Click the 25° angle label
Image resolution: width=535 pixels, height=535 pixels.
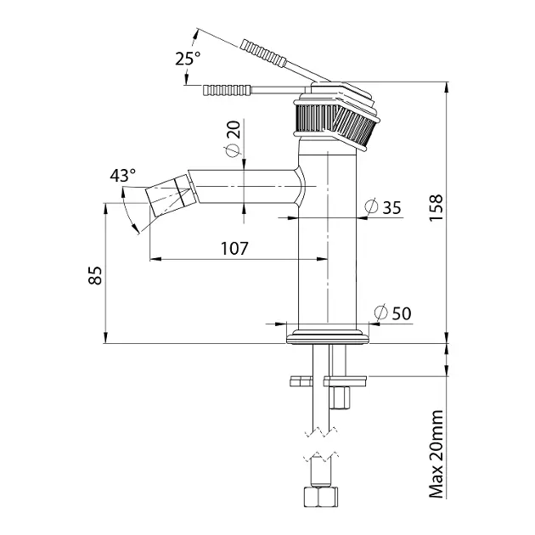(x=188, y=59)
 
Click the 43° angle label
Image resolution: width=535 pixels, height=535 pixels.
(x=122, y=176)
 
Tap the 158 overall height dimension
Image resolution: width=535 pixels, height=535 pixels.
(x=436, y=208)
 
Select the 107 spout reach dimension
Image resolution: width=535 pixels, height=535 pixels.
(x=234, y=248)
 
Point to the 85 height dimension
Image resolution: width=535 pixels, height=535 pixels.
(x=95, y=275)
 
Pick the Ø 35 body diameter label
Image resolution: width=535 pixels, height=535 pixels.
(x=383, y=207)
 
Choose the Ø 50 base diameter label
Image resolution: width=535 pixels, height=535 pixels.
(x=392, y=313)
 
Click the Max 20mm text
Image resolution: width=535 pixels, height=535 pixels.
(x=436, y=454)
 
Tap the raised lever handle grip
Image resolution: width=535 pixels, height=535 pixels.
(x=263, y=53)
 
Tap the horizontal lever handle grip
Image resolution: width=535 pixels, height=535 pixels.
(x=227, y=90)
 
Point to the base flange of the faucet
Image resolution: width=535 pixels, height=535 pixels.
(x=328, y=337)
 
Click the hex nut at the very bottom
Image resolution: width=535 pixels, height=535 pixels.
(x=321, y=497)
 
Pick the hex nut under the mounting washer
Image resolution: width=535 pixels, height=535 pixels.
(x=341, y=397)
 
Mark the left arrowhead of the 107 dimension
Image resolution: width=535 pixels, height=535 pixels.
(x=155, y=259)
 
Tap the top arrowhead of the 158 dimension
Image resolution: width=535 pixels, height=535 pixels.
(x=447, y=87)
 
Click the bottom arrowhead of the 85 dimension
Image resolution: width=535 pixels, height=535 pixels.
(x=105, y=337)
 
